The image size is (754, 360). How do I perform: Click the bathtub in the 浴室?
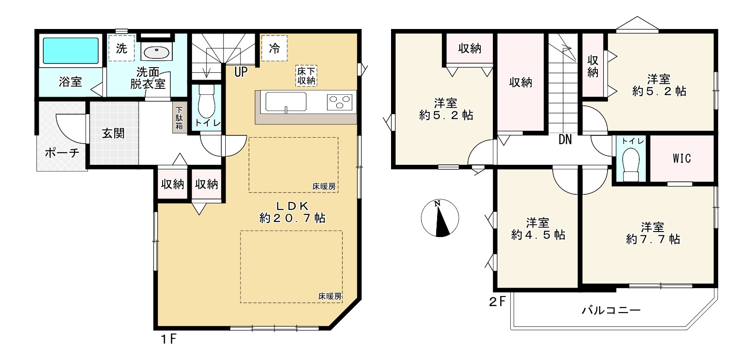70,51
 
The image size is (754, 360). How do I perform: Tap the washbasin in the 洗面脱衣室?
157,52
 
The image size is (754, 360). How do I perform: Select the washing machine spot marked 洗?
121,48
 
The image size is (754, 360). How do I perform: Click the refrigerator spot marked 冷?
275,48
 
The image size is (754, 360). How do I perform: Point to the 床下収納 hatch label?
306,75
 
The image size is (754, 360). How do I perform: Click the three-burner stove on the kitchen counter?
339,102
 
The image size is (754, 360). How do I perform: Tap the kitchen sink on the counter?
286,102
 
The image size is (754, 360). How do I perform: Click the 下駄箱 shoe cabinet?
180,117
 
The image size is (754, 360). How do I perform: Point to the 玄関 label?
113,134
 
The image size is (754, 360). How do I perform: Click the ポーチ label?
62,153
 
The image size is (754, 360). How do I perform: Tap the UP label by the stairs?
241,72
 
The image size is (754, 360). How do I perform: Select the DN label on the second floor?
565,139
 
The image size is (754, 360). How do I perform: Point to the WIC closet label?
682,158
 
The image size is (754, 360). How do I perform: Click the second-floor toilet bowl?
631,164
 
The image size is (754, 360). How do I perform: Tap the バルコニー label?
611,310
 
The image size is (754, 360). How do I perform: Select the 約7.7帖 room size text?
653,239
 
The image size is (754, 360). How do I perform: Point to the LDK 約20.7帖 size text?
292,212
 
